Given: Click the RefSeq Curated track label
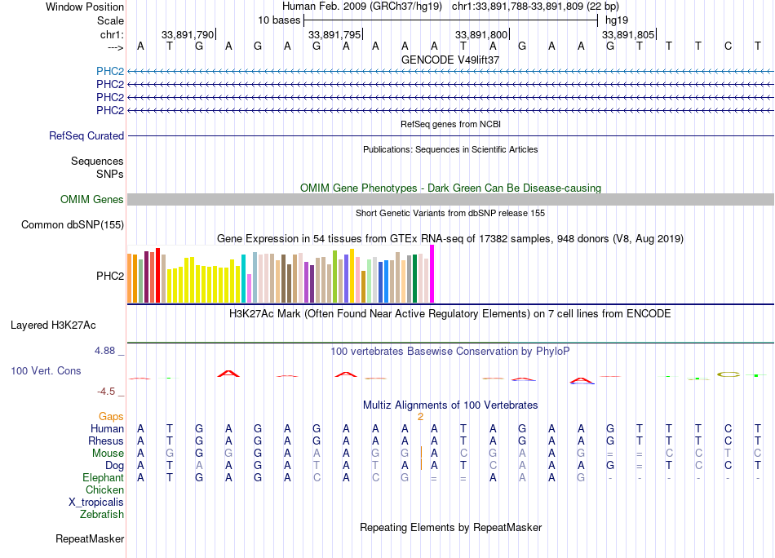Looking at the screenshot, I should [86, 136].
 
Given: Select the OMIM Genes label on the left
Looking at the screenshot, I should [92, 200].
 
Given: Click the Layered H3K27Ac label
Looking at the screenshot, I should [53, 325].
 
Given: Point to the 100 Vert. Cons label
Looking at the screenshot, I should [46, 371].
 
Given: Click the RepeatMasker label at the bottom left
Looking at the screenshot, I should [90, 539].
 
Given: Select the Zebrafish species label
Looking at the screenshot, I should [102, 515].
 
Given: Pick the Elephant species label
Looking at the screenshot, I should [103, 478].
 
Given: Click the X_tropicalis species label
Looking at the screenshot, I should [96, 503].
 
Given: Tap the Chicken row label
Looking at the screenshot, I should [104, 490].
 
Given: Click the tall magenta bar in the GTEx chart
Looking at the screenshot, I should [432, 274].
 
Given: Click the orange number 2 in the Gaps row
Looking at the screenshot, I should [420, 417].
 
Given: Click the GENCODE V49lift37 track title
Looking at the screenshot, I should [450, 60].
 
